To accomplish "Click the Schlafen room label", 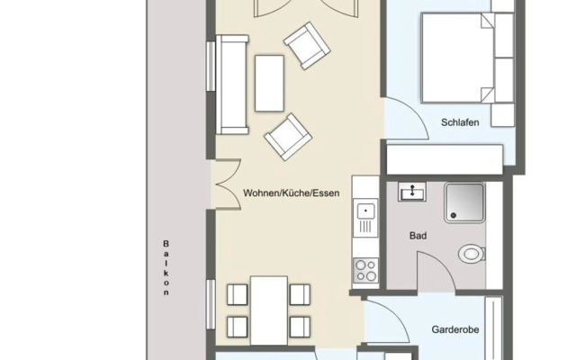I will click(x=459, y=121).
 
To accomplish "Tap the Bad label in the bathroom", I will click(x=418, y=236).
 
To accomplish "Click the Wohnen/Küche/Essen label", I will click(x=291, y=193).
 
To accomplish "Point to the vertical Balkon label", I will click(x=166, y=267).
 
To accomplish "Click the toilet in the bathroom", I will click(x=470, y=254).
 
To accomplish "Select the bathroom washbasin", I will click(x=416, y=190).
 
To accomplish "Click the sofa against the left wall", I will click(x=233, y=85).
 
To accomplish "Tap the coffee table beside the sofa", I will click(x=269, y=82).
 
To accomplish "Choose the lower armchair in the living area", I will click(x=286, y=136).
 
